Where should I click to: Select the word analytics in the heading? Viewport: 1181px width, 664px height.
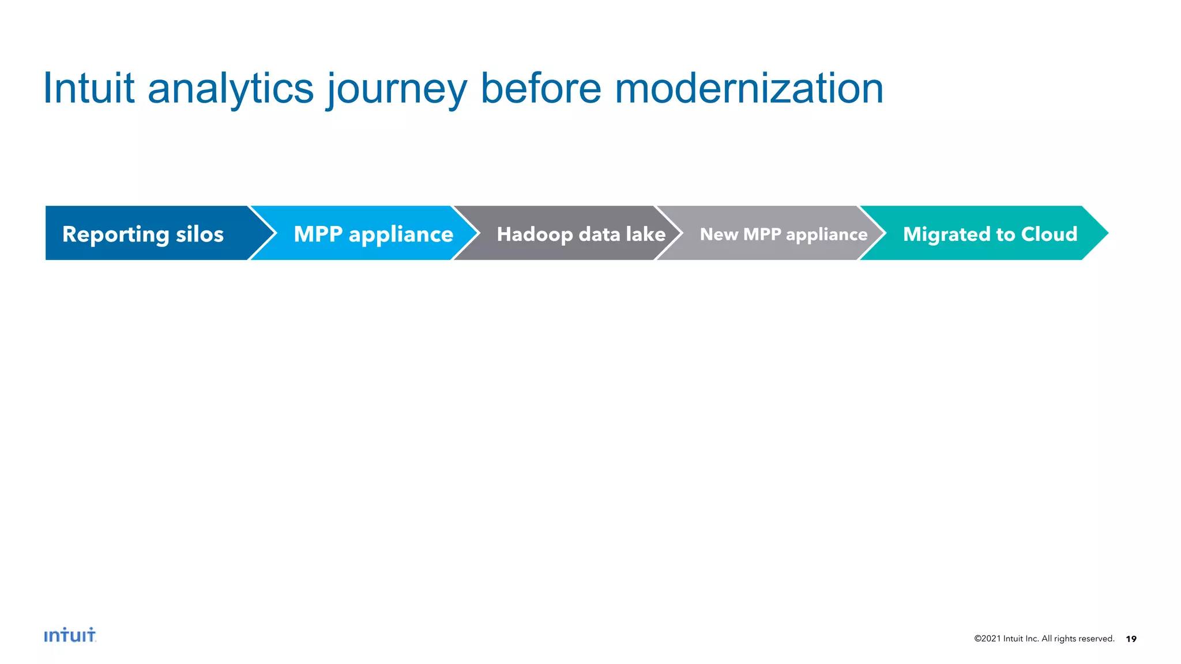point(231,89)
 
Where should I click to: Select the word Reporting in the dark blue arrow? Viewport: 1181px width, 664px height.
point(115,235)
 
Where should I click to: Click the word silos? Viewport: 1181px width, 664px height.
point(200,234)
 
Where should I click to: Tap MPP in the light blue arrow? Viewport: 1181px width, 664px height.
point(318,234)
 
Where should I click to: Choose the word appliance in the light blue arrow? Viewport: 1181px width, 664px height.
point(401,235)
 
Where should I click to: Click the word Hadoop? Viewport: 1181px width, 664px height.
point(535,235)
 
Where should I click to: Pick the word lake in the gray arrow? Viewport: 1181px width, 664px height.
point(645,234)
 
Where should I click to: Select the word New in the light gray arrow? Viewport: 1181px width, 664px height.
point(719,234)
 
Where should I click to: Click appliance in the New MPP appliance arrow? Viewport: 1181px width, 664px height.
point(826,235)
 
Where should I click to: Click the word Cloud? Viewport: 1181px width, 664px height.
point(1049,234)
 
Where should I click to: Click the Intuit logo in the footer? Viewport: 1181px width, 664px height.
point(70,635)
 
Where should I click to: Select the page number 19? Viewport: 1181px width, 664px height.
point(1131,639)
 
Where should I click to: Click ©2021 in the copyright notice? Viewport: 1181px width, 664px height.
point(987,639)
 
